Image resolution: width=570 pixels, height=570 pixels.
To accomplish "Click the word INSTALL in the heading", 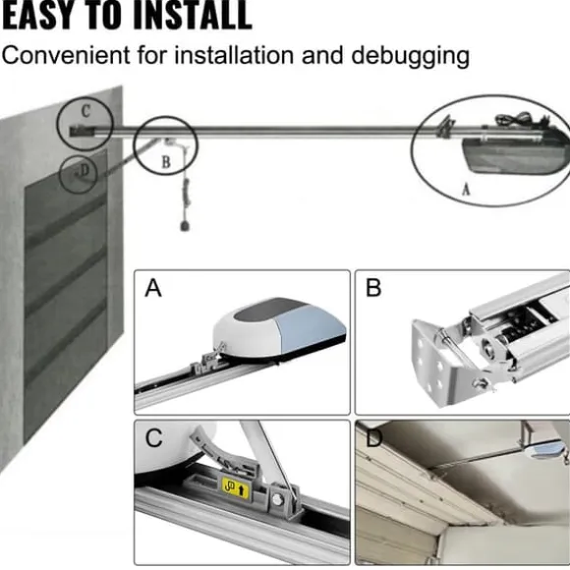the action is tap(193, 15).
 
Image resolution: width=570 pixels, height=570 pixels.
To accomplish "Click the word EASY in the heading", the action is tap(33, 15).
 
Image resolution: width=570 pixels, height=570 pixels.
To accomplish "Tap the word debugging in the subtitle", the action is tap(411, 57).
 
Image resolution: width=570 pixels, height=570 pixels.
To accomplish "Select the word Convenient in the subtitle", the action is tap(66, 54).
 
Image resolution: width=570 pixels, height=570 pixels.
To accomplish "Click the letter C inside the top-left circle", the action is tap(85, 111).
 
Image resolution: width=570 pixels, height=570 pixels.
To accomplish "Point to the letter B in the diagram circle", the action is tap(166, 162).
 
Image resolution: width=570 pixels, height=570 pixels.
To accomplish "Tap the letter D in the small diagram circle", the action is tap(84, 170).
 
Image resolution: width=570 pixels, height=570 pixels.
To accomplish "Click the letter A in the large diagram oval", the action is tap(466, 190).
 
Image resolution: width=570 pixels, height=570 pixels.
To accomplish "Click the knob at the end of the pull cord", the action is tap(185, 226).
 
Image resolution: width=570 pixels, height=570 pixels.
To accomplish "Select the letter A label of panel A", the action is tap(153, 288).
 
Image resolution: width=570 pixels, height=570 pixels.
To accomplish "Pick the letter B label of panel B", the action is tap(373, 288).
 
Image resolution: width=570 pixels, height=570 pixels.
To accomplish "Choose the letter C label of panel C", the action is tap(153, 437).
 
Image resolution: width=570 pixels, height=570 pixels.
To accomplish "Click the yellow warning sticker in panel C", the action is tap(236, 487).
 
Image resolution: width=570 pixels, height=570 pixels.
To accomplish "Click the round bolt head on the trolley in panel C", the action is tap(277, 500).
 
